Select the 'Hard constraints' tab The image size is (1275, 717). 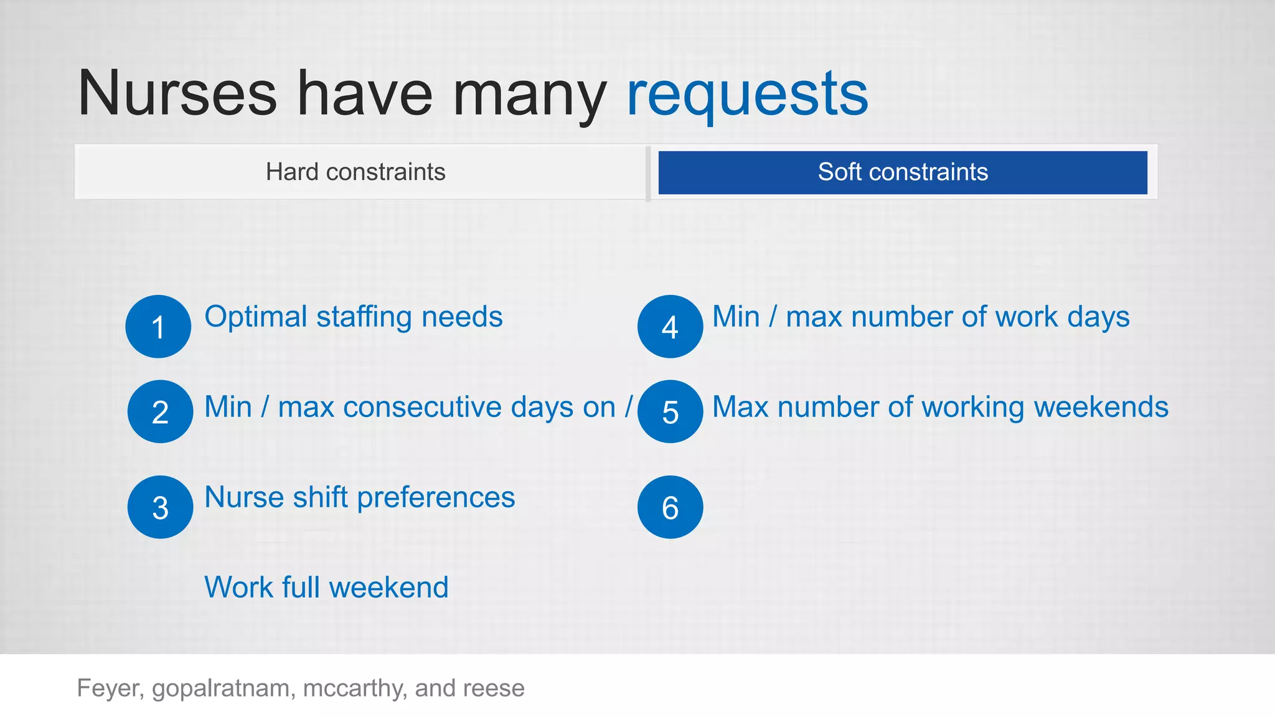355,172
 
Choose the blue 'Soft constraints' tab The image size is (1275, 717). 903,172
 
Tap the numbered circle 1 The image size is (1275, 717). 158,327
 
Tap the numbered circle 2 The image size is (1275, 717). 160,411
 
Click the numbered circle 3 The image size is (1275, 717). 160,507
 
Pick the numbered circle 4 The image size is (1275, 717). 670,327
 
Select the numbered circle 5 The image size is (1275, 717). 670,411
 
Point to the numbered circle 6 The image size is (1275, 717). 670,507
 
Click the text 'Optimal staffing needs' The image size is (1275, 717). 353,317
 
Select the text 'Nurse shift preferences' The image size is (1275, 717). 359,497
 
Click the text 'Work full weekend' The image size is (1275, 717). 326,588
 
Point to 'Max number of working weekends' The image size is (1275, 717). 940,407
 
